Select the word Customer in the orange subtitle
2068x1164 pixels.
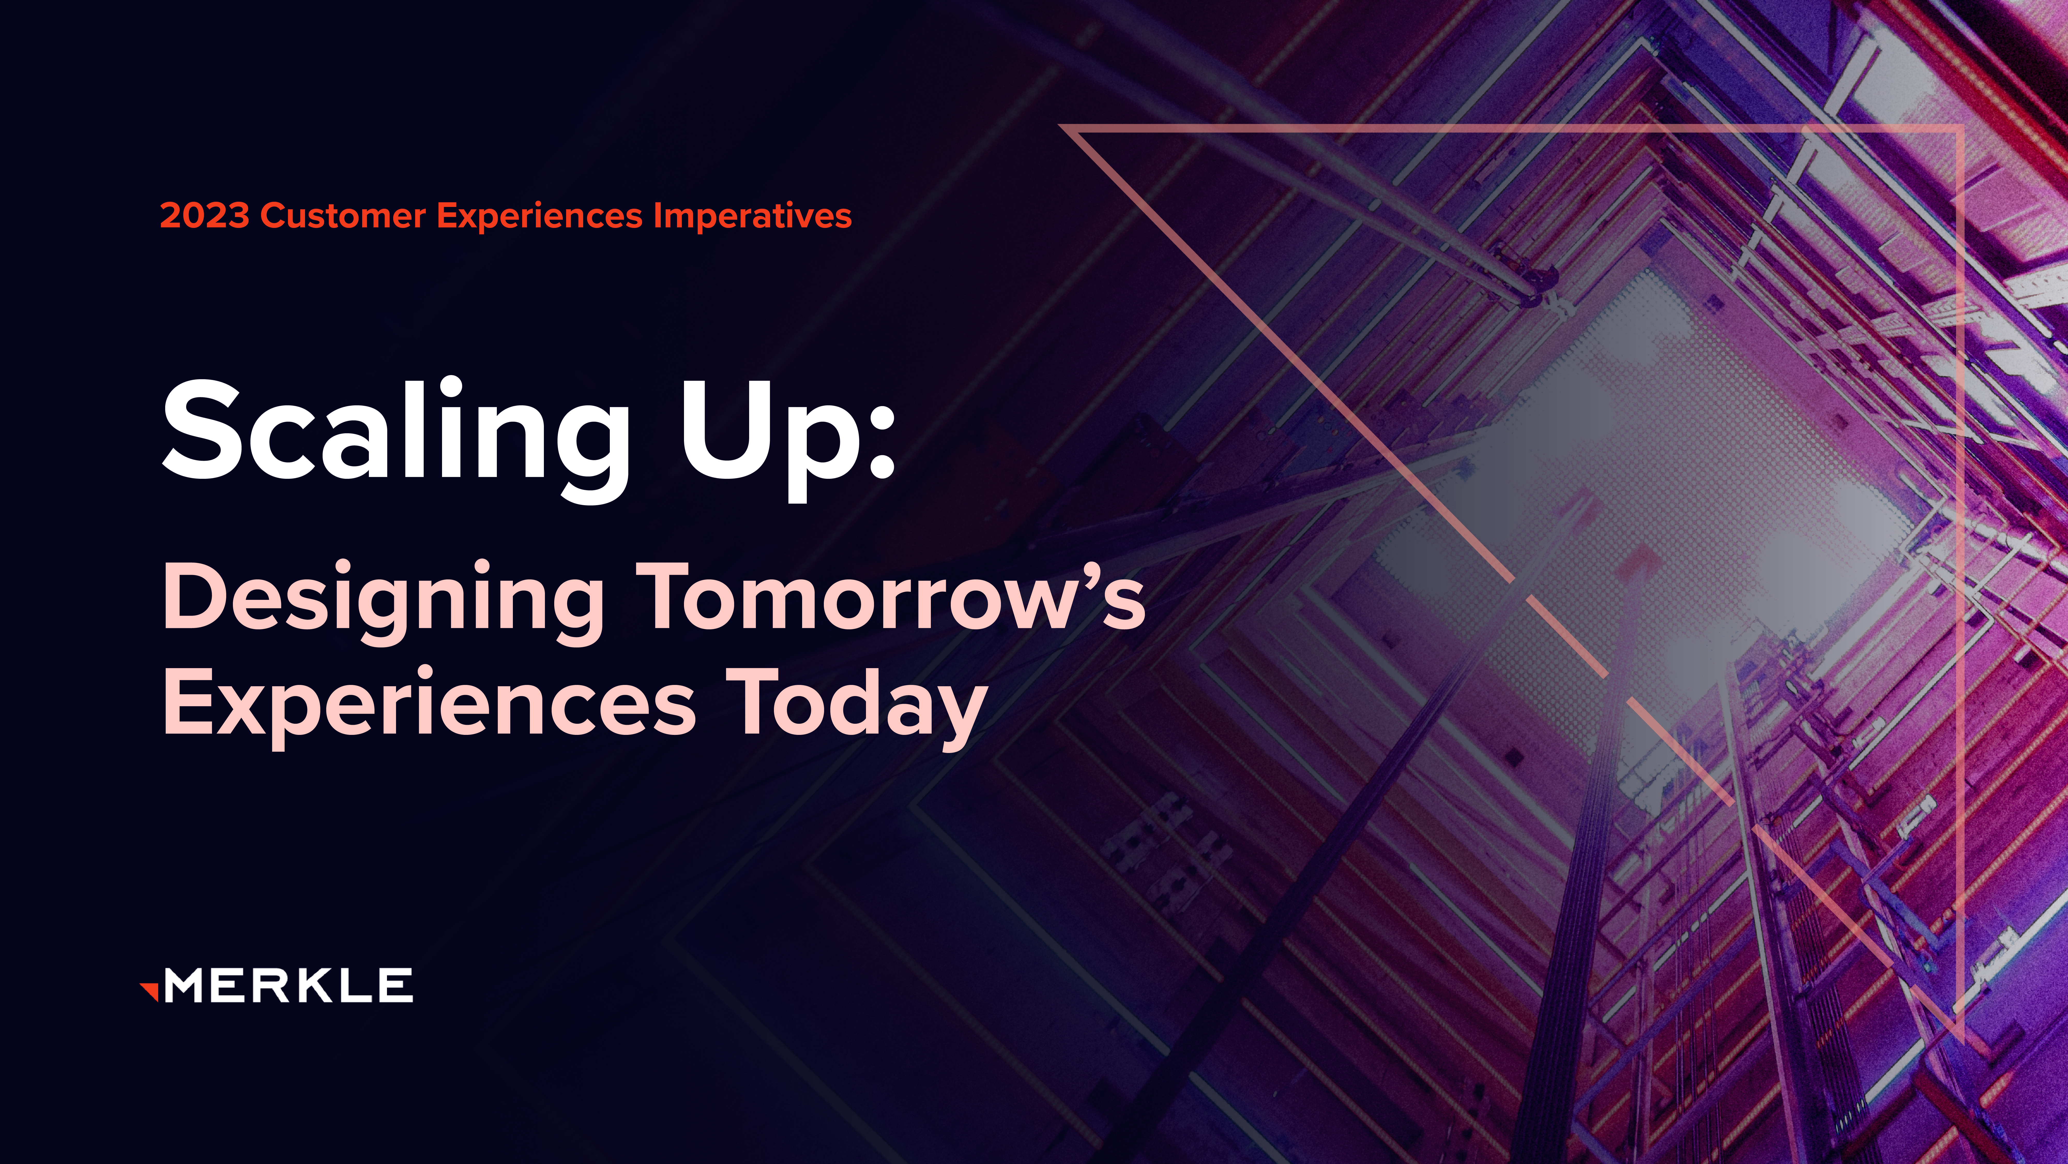pos(343,216)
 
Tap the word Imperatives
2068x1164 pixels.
pos(752,216)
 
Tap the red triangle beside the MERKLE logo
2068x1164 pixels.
pos(149,991)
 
